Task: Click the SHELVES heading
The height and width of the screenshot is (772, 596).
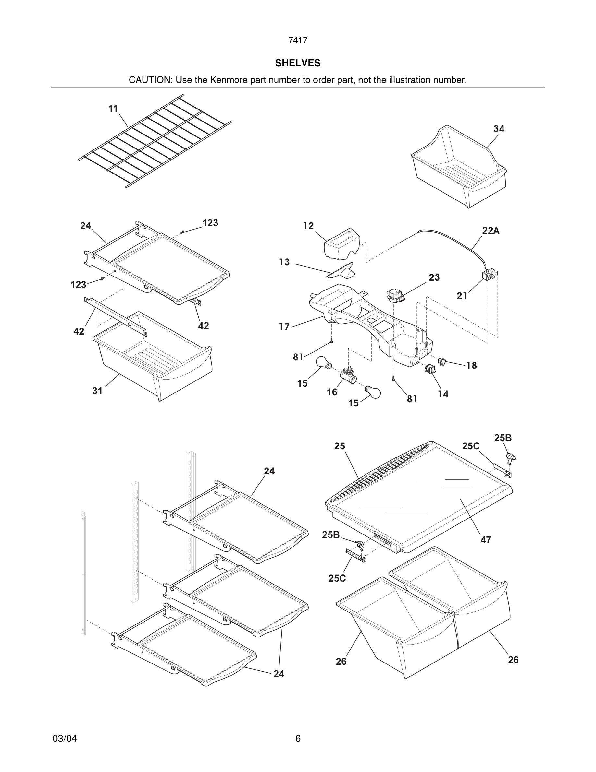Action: (x=298, y=63)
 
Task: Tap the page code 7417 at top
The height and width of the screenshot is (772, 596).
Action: (x=298, y=40)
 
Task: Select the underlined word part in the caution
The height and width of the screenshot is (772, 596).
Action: (x=345, y=80)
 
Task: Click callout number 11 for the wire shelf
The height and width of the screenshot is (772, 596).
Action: (x=113, y=109)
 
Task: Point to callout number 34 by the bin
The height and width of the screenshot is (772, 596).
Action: (x=499, y=129)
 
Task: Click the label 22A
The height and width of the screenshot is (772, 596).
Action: (x=491, y=231)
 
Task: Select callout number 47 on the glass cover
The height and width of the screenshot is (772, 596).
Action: (x=486, y=540)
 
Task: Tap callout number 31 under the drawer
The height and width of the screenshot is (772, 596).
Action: (x=97, y=391)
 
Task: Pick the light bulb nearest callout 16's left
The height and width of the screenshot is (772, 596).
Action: (x=323, y=363)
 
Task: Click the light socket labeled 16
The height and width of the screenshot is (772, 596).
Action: (x=347, y=375)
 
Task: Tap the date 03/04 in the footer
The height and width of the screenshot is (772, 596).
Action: (x=65, y=739)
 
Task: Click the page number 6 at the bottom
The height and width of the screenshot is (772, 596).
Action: (x=298, y=739)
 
